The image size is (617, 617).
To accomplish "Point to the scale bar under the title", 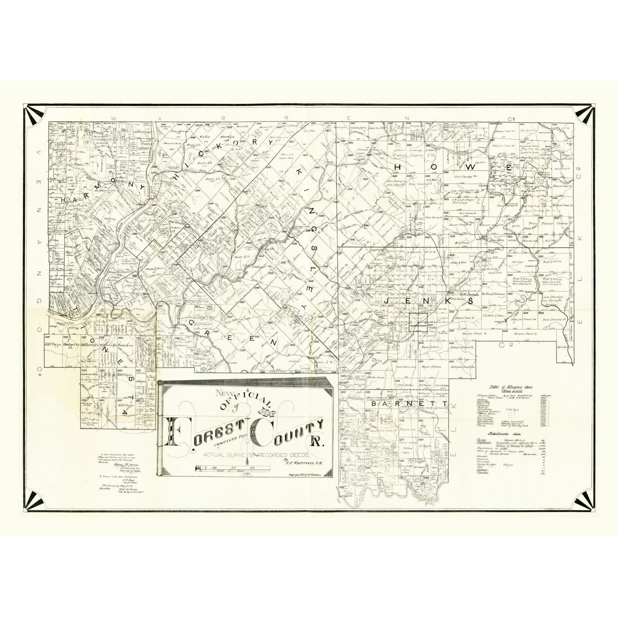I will (233, 469).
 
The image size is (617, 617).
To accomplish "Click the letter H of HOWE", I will (399, 168).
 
